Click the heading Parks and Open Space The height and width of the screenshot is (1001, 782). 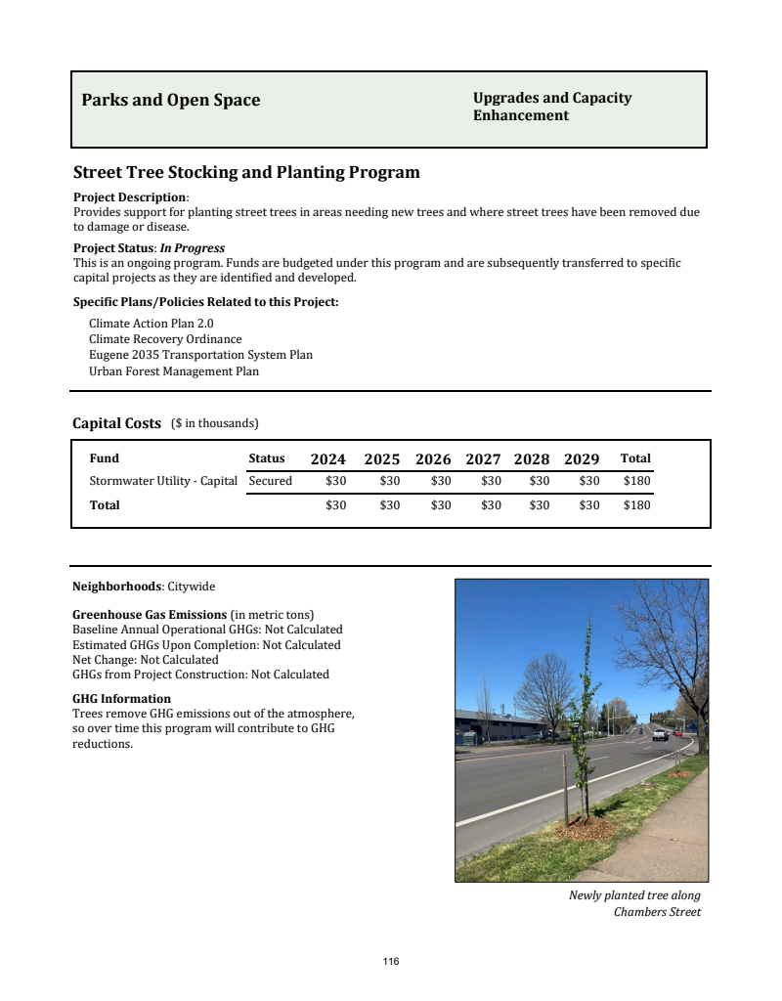171,101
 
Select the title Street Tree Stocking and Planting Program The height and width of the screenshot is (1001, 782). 246,173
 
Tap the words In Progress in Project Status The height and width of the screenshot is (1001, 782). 193,248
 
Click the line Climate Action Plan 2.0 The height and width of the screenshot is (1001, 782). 151,323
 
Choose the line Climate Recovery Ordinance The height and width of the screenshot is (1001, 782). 165,339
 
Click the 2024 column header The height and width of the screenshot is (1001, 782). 328,459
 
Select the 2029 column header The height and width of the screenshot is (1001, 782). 582,459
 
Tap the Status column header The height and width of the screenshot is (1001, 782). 267,458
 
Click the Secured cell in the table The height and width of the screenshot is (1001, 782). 271,481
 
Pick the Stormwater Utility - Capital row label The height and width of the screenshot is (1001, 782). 163,481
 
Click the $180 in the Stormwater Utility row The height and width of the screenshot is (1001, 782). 636,481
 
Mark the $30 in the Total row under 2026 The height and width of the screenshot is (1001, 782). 441,505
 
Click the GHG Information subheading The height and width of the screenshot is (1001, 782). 121,699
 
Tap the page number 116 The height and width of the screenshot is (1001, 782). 391,962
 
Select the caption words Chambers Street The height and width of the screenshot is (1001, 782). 657,912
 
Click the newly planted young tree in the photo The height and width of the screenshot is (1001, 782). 583,733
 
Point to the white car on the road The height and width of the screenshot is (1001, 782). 661,734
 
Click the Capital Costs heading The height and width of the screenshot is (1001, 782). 116,423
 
